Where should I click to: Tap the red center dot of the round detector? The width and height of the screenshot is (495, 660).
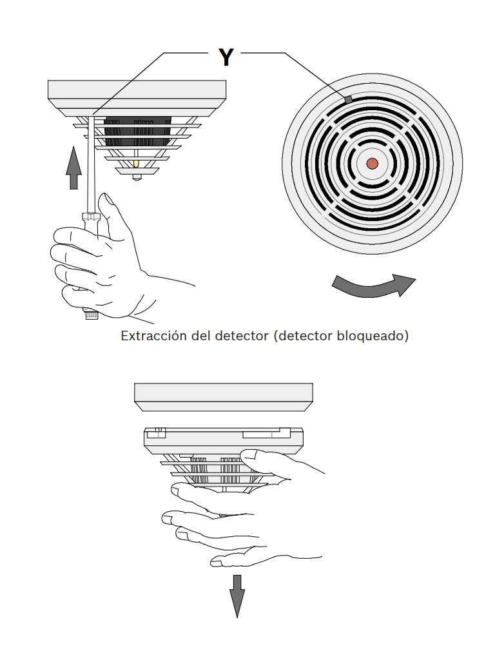tap(373, 164)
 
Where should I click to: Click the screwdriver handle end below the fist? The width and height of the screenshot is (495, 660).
tap(90, 315)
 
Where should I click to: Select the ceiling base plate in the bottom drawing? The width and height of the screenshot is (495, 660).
tap(223, 395)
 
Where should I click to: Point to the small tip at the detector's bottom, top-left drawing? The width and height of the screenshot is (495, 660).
tap(136, 176)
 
